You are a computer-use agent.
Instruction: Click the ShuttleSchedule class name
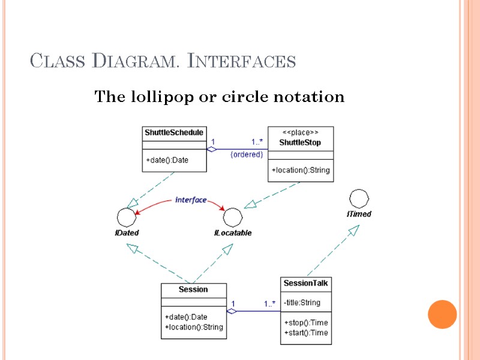pos(174,133)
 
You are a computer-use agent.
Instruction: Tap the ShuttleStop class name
pos(300,143)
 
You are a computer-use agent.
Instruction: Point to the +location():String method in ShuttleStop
pos(301,170)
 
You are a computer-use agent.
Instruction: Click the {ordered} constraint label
pos(247,154)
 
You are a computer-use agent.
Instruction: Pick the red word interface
pos(191,200)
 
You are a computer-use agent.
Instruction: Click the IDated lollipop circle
pos(126,216)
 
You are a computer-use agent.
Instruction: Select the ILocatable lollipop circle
pos(233,217)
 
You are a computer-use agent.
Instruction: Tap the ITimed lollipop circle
pos(359,199)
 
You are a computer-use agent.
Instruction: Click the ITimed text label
pos(359,214)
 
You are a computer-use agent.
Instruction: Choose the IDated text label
pos(127,233)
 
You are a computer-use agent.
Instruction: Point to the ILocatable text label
pos(233,233)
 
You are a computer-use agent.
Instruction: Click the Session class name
pos(193,290)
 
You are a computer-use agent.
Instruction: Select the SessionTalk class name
pos(306,283)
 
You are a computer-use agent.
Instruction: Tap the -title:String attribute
pos(302,302)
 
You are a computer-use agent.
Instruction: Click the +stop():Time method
pos(306,323)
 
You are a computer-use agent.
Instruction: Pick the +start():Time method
pos(306,333)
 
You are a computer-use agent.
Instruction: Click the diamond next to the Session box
pos(232,311)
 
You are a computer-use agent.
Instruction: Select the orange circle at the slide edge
pos(442,314)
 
